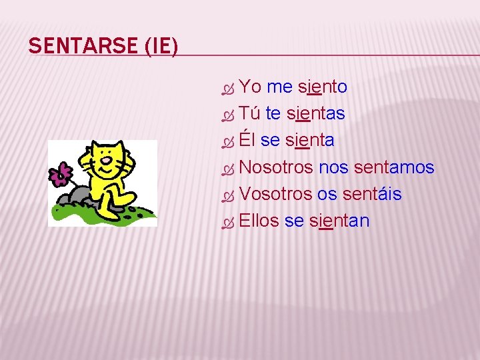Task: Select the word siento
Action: pos(323,87)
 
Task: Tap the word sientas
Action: pos(315,113)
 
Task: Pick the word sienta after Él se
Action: pos(310,140)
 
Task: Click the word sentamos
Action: pos(394,167)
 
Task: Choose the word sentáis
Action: pos(372,194)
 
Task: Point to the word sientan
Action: pos(339,221)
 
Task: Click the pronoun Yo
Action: pos(250,87)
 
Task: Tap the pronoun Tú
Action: pos(249,113)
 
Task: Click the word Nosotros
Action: pos(275,167)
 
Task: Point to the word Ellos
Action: pos(259,221)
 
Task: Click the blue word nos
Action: pos(333,167)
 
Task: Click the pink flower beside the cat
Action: pos(60,174)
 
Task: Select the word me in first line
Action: pos(279,87)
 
